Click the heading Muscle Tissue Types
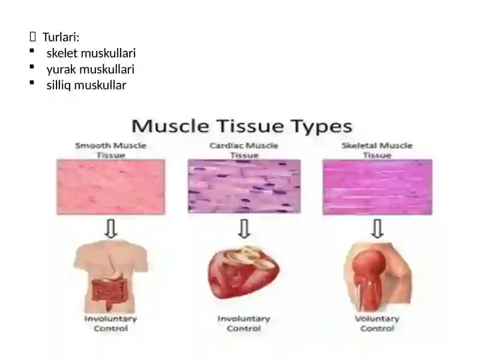tap(242, 126)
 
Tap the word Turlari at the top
tap(61, 37)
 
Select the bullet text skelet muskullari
tap(91, 53)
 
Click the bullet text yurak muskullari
tap(91, 70)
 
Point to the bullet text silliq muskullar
tap(86, 85)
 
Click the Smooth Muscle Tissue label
tap(111, 150)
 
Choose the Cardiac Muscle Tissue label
tap(244, 150)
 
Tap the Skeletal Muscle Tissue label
tap(377, 150)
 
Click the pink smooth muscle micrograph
tap(111, 187)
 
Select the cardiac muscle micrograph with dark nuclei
tap(244, 186)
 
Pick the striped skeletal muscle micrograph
tap(377, 187)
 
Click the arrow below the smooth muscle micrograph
tap(111, 229)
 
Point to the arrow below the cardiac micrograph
tap(244, 229)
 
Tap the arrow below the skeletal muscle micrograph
tap(377, 229)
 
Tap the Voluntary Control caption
tap(377, 323)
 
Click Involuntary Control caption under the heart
tap(244, 323)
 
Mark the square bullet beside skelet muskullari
tap(32, 51)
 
